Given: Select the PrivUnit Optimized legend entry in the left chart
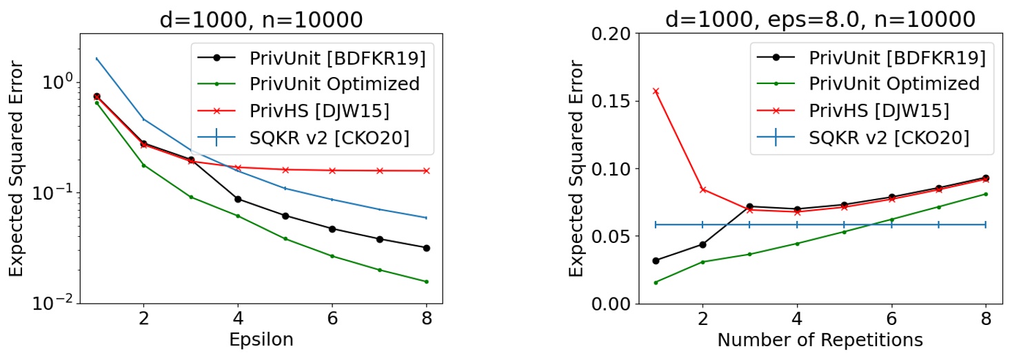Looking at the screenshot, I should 334,84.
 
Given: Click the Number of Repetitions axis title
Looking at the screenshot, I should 820,339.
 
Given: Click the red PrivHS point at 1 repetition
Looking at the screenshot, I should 656,91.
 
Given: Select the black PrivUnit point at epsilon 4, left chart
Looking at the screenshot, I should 238,199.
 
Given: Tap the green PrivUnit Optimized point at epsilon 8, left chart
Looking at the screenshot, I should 427,282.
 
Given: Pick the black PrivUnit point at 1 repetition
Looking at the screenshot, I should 656,261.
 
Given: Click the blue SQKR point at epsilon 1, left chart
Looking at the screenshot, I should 97,59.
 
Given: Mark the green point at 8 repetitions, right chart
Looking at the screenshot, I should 985,194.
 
